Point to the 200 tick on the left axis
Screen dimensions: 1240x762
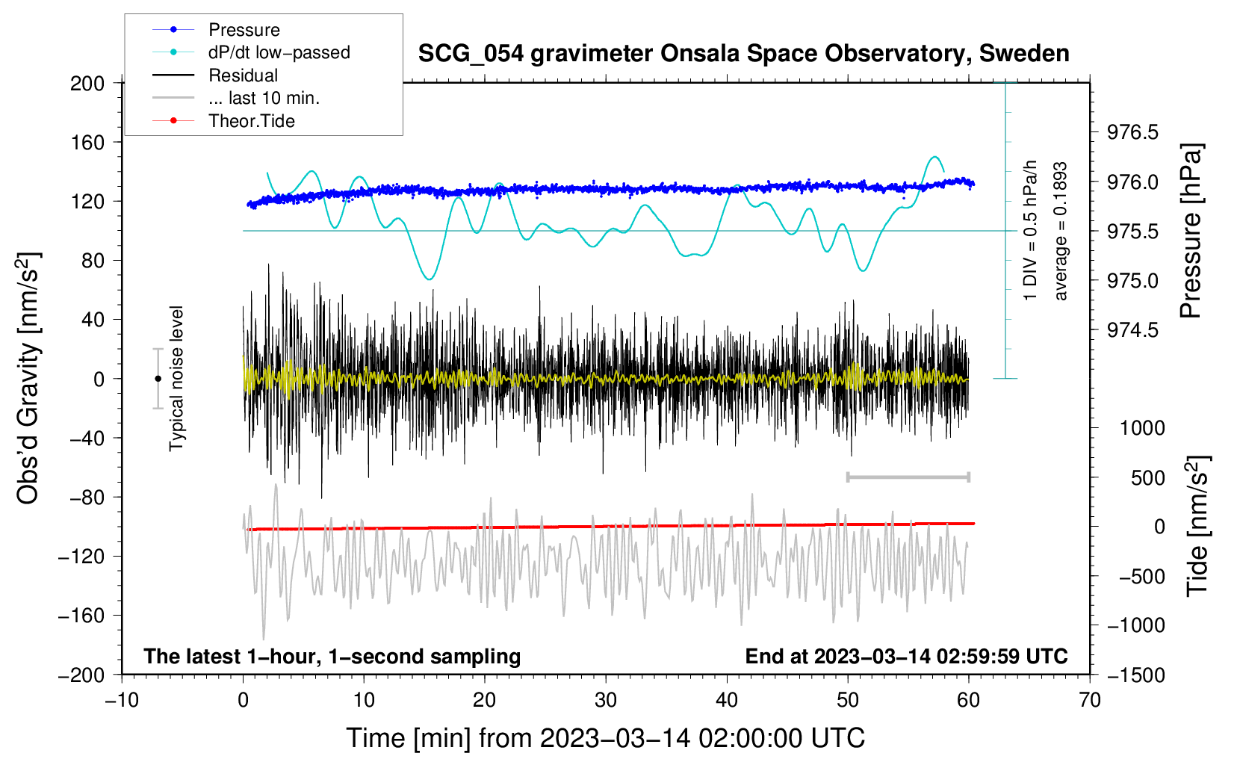87,84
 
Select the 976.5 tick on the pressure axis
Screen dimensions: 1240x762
1132,132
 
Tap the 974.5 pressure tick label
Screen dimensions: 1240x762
1132,330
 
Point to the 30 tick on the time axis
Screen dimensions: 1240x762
606,701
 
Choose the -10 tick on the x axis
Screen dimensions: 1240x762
122,701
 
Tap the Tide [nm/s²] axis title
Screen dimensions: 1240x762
1198,526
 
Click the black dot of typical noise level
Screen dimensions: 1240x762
158,379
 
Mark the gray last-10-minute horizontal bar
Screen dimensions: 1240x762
908,477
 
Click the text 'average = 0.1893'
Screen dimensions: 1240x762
1059,231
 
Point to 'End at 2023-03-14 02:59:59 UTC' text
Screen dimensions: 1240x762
906,656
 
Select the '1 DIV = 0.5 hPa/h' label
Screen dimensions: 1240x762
1029,231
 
